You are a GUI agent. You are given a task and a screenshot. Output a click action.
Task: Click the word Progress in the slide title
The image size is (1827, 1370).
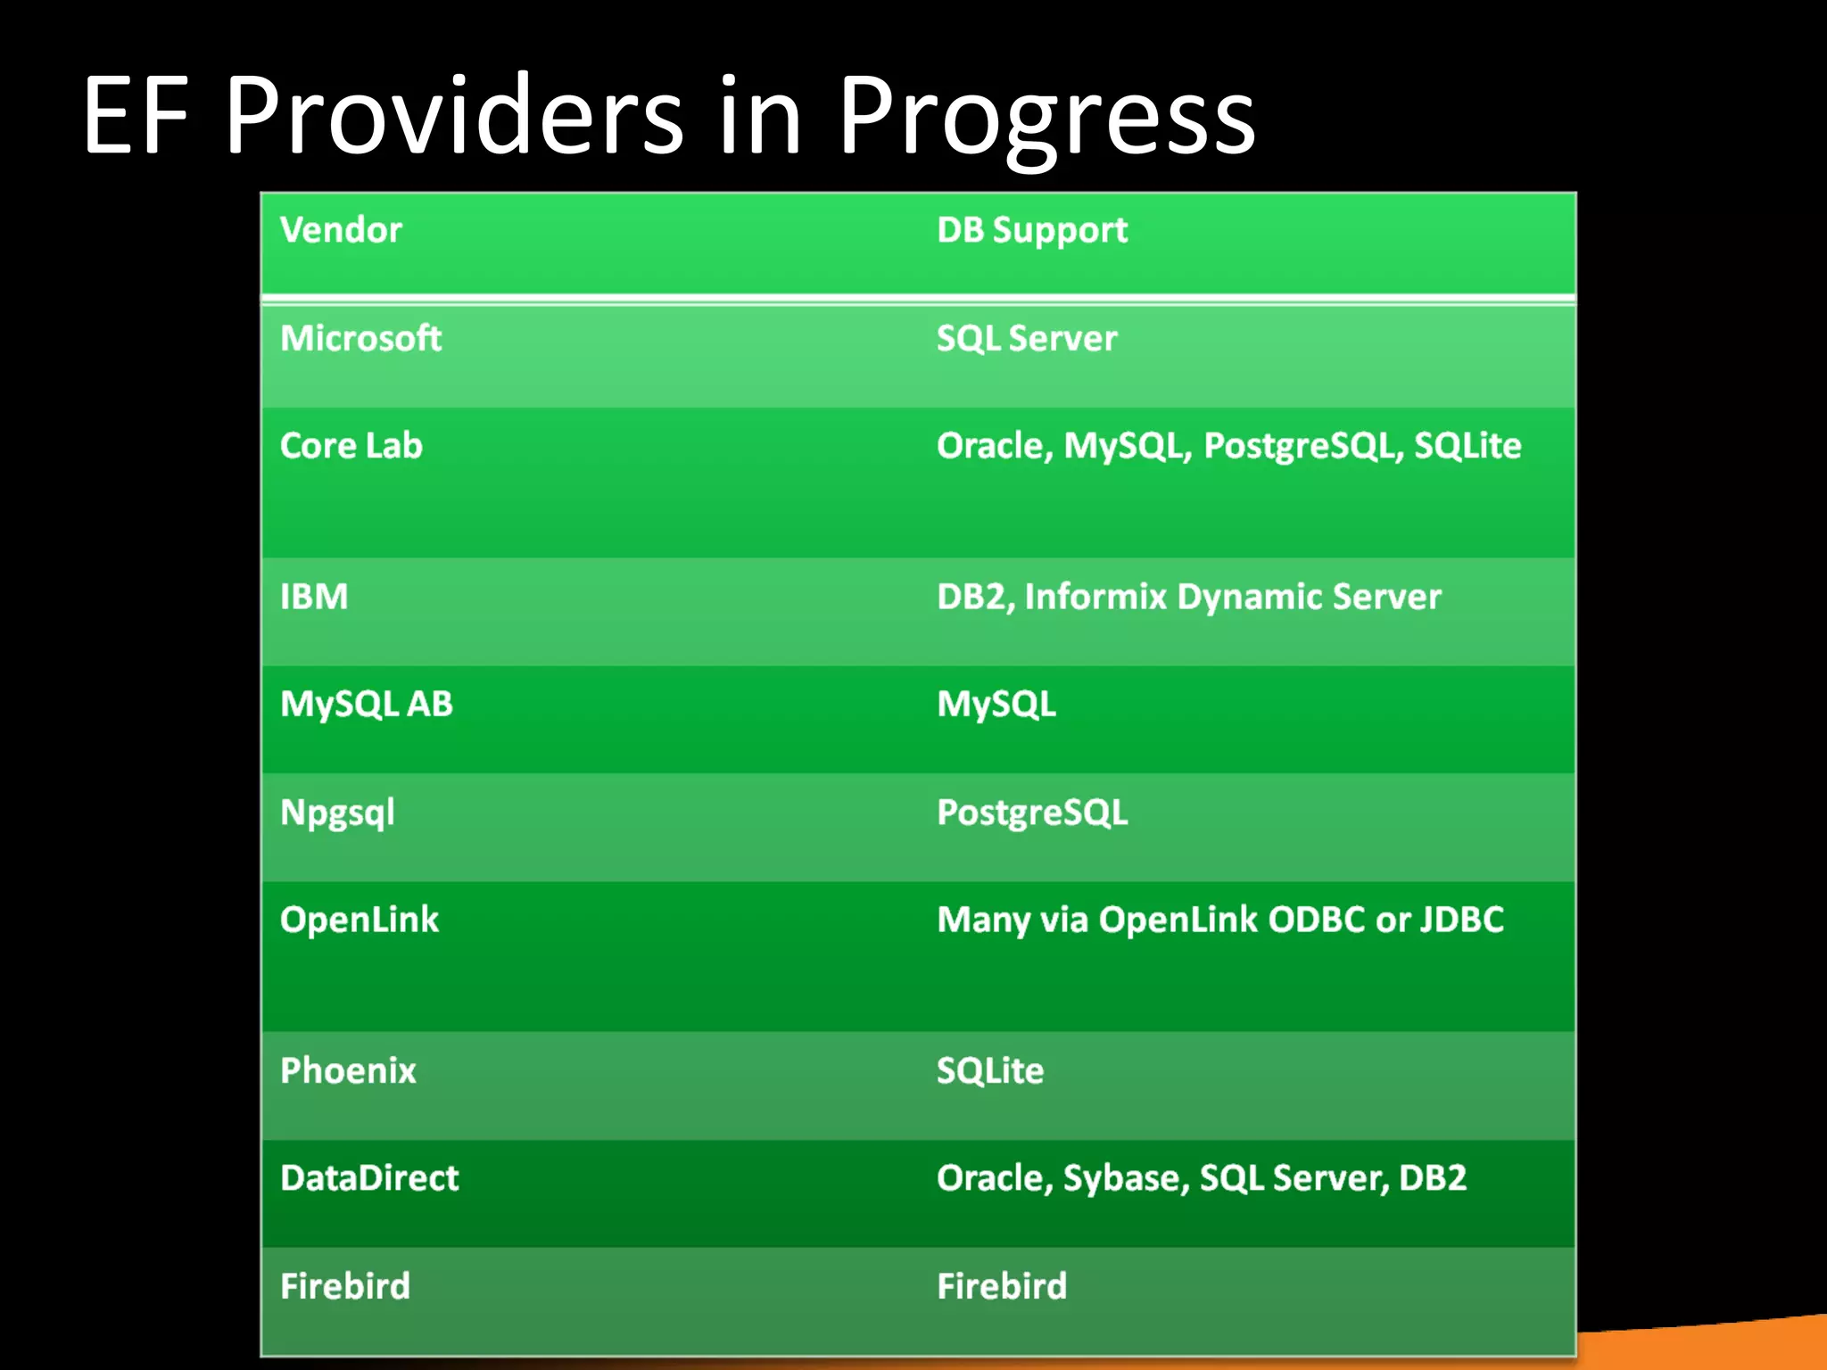click(x=1046, y=116)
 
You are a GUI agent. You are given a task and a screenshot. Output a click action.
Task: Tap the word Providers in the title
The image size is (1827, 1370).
click(x=453, y=116)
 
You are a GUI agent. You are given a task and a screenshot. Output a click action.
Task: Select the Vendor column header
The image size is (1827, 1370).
click(x=341, y=230)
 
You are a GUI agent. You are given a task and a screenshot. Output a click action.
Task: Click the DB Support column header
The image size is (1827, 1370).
click(x=1032, y=230)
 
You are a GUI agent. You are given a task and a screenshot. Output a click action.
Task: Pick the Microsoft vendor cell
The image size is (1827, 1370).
click(x=360, y=338)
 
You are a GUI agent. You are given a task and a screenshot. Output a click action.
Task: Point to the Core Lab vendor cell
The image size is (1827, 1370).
click(x=351, y=445)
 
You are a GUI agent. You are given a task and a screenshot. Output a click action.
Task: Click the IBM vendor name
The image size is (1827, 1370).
click(x=314, y=597)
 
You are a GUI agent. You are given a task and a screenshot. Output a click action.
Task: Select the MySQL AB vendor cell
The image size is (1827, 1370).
click(x=367, y=704)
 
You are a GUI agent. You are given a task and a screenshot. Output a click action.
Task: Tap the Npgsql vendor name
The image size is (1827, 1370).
click(x=337, y=813)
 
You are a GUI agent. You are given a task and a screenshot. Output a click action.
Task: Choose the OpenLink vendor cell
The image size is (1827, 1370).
click(x=360, y=920)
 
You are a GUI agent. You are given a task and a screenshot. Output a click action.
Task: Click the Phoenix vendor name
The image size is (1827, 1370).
click(x=348, y=1070)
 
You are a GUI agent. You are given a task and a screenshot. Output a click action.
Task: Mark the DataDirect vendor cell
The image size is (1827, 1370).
click(x=369, y=1178)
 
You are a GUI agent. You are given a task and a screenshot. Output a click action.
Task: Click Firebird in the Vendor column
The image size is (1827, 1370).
click(x=345, y=1286)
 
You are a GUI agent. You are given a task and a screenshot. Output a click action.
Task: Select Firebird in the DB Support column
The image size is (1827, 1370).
click(x=1002, y=1286)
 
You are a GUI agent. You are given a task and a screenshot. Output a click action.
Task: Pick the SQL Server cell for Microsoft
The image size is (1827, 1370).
click(x=1027, y=338)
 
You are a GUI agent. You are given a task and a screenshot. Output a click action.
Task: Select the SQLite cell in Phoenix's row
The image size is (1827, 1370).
click(x=990, y=1070)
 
